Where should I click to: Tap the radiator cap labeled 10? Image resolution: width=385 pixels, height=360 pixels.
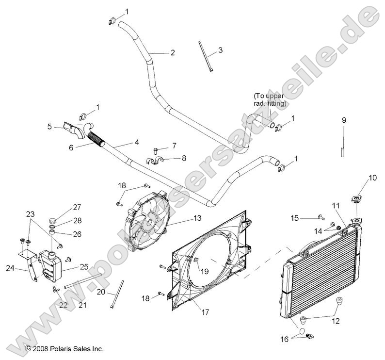coord(357,199)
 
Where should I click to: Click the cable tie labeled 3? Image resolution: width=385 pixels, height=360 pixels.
coord(205,57)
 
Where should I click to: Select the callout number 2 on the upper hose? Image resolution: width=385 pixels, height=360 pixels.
coord(159,53)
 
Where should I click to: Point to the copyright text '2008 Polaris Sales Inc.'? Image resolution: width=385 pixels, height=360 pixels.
coord(64,348)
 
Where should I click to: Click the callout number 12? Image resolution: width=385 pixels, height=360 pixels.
coord(335,321)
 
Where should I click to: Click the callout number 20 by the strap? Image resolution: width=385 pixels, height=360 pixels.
coord(100,292)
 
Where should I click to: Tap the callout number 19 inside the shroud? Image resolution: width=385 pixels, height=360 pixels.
coord(205,272)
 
